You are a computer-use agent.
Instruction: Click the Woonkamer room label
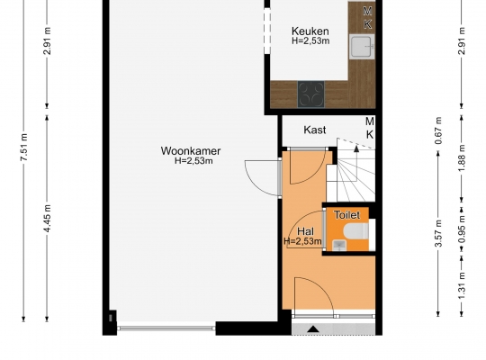[x=191, y=151]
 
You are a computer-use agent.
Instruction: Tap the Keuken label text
[x=310, y=31]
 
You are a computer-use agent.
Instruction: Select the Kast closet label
[x=315, y=130]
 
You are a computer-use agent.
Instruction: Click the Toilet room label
[x=346, y=215]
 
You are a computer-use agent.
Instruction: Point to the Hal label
[x=305, y=231]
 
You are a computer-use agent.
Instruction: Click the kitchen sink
[x=362, y=47]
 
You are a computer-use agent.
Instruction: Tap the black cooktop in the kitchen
[x=310, y=94]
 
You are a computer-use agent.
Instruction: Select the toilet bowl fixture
[x=356, y=231]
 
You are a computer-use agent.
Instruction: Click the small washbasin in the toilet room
[x=339, y=246]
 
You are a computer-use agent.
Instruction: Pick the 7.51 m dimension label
[x=24, y=147]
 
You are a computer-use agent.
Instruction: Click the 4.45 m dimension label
[x=48, y=219]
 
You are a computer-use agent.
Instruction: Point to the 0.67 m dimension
[x=438, y=130]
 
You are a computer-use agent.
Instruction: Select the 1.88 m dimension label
[x=462, y=158]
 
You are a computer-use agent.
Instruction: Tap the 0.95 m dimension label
[x=462, y=229]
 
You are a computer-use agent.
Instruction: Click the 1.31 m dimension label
[x=462, y=285]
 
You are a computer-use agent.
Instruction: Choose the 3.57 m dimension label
[x=438, y=233]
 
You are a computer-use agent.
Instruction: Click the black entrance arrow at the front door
[x=313, y=329]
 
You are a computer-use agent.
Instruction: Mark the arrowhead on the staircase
[x=356, y=148]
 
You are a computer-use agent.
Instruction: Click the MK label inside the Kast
[x=370, y=128]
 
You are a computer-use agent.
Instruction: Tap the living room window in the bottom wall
[x=166, y=328]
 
